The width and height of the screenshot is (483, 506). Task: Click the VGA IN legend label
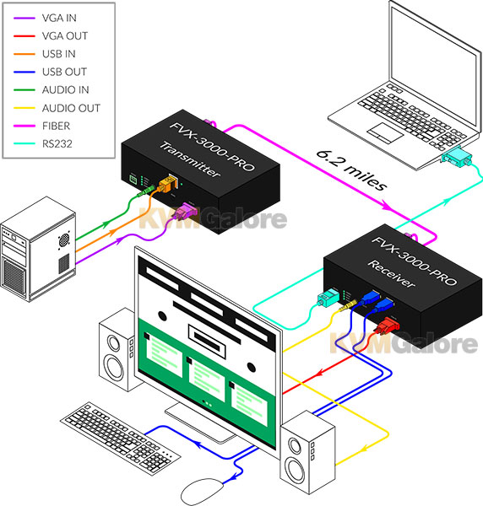pyautogui.click(x=59, y=18)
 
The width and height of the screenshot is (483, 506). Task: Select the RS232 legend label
pyautogui.click(x=57, y=143)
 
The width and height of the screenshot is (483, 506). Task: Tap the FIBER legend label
pyautogui.click(x=56, y=126)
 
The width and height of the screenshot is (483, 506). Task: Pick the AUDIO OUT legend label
pyautogui.click(x=71, y=108)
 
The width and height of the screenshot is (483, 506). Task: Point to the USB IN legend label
pyautogui.click(x=59, y=54)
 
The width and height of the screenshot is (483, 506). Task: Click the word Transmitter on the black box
pyautogui.click(x=190, y=159)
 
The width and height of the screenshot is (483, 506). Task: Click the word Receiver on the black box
pyautogui.click(x=391, y=273)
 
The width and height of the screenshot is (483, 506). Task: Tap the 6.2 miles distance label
pyautogui.click(x=351, y=170)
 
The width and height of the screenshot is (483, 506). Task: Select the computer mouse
pyautogui.click(x=203, y=493)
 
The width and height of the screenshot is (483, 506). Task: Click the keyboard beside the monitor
pyautogui.click(x=120, y=439)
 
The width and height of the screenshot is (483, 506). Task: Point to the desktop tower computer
pyautogui.click(x=38, y=249)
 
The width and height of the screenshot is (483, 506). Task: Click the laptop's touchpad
pyautogui.click(x=386, y=132)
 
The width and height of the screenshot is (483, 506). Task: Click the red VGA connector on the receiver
pyautogui.click(x=387, y=325)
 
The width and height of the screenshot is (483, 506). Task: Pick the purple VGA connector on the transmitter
pyautogui.click(x=186, y=211)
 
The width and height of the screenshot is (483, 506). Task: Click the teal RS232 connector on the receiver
pyautogui.click(x=328, y=298)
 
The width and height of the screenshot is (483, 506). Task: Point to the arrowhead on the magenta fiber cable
pyautogui.click(x=387, y=205)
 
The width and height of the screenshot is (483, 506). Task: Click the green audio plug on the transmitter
pyautogui.click(x=146, y=191)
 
